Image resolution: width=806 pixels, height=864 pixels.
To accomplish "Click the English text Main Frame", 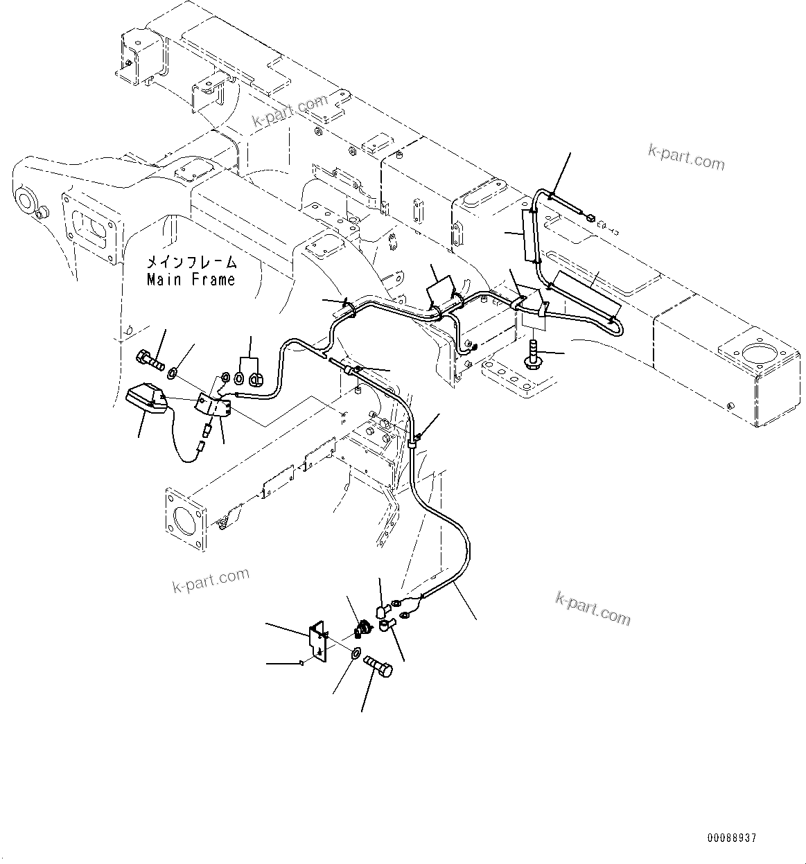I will [x=191, y=280].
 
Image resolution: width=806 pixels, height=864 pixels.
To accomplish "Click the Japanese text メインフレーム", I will [x=191, y=263].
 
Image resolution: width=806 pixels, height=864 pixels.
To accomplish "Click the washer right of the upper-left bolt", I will [x=173, y=373].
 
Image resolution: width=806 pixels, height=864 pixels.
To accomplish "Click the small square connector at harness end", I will [x=590, y=220].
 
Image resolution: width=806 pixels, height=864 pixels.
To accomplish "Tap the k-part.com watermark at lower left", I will [x=211, y=581].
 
